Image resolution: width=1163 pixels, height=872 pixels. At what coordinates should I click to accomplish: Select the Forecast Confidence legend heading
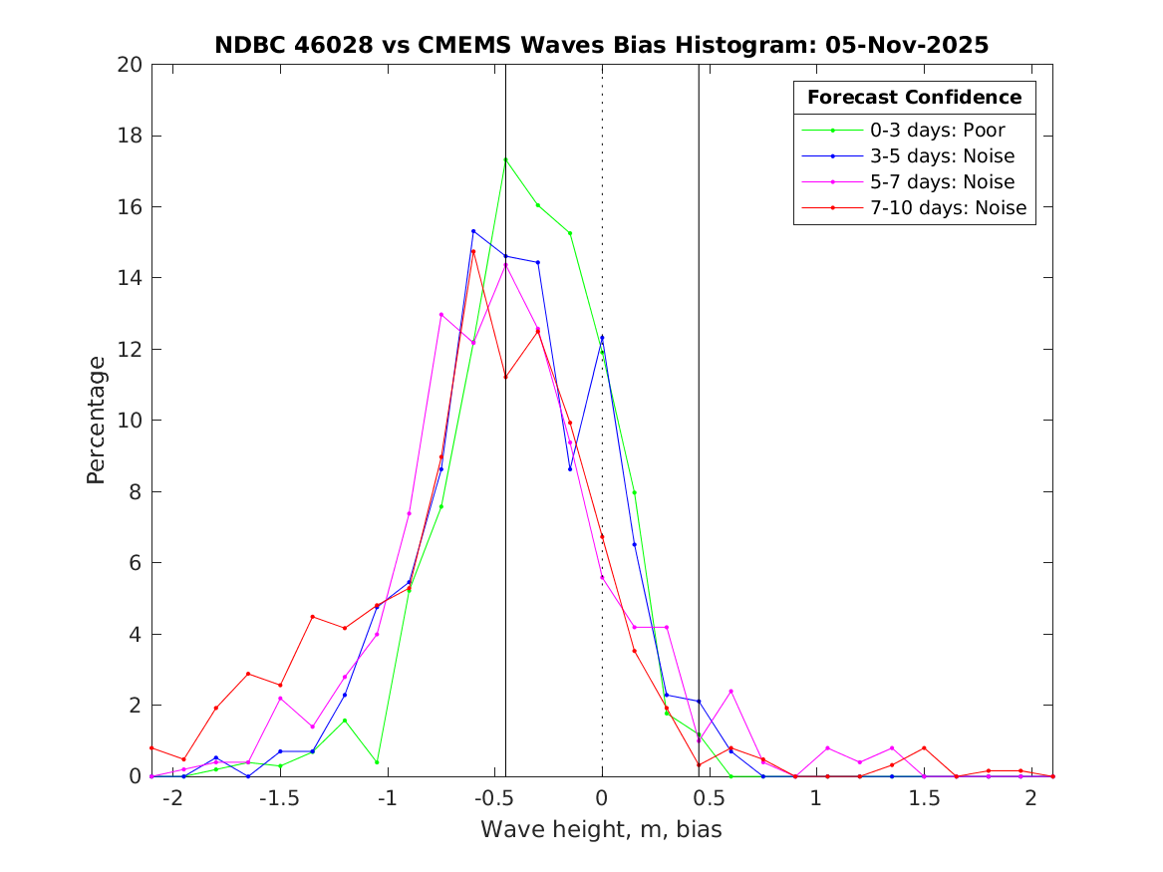pos(914,98)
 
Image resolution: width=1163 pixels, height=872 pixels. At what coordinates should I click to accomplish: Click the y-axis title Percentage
pos(96,420)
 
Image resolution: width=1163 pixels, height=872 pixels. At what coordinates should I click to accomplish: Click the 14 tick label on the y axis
pos(132,278)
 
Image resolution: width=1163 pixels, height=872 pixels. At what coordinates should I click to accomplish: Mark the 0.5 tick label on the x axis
pos(709,798)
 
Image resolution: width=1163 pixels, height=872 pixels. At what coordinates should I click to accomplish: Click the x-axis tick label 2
pos(1030,798)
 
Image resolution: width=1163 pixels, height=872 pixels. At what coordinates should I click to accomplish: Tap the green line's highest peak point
pos(505,159)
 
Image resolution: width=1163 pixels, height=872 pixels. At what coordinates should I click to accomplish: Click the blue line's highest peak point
pos(473,231)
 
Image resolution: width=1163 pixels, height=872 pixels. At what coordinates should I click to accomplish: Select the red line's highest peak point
pos(473,251)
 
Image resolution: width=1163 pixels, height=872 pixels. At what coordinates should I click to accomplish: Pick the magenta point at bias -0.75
pos(441,315)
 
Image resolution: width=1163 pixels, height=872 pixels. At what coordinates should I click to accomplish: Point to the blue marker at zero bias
pos(602,338)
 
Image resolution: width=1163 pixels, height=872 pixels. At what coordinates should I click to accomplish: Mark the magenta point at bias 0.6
pos(730,691)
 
